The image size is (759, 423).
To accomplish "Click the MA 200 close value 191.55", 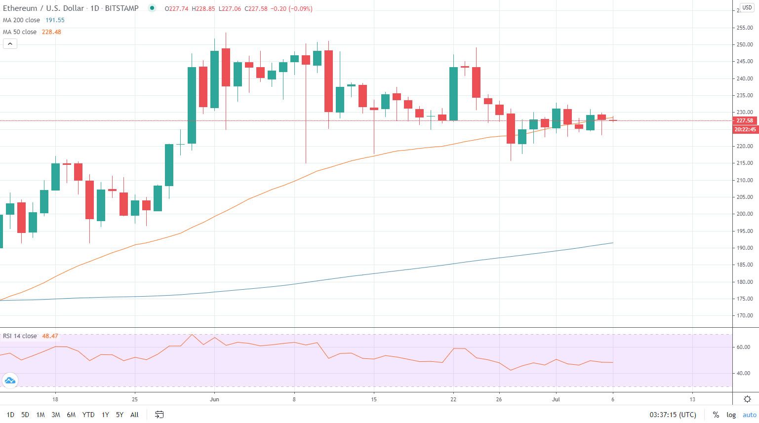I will click(55, 20).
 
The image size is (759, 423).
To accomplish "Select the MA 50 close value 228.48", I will click(51, 32).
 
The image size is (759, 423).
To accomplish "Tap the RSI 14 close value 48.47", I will click(50, 336).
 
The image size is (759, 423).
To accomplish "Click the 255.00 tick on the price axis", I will click(745, 28).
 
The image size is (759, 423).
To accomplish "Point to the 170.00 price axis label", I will click(745, 315).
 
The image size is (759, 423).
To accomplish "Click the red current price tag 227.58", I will click(745, 120).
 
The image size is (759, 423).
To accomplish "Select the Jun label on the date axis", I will click(214, 399).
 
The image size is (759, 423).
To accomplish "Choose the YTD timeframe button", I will click(88, 415).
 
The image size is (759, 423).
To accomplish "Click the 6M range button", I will click(71, 415).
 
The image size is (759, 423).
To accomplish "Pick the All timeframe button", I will click(134, 415).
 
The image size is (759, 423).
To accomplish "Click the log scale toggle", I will click(731, 415).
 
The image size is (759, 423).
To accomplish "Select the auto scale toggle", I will click(749, 415).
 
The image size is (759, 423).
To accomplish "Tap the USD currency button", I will click(747, 8).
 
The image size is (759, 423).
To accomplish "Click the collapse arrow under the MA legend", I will click(10, 44).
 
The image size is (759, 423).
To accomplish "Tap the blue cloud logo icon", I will click(9, 381).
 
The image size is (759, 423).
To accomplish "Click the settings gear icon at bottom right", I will click(748, 399).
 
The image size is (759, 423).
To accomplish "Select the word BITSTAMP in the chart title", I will click(122, 8).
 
